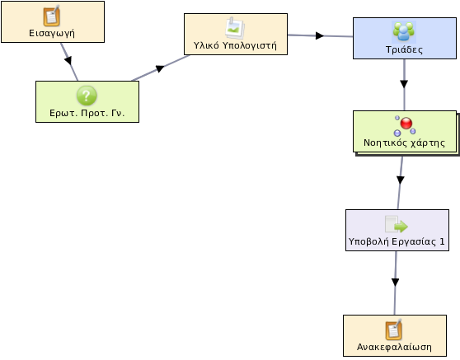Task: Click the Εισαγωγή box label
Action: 52,34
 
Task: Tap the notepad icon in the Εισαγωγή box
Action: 52,16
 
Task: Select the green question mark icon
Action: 87,96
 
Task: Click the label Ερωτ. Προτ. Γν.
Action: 87,113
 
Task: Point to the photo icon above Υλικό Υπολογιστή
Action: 235,28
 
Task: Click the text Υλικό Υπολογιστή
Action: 235,46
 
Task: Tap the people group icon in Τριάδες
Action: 404,31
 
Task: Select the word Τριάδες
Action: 404,49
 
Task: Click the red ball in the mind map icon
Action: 406,124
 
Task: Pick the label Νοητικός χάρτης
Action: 404,143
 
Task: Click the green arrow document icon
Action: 397,225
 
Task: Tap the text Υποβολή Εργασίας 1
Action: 397,241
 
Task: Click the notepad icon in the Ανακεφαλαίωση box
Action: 394,330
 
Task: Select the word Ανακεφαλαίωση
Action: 394,347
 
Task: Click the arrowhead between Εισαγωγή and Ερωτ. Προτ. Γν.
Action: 68,60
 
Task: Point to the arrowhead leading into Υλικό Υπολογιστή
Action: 160,68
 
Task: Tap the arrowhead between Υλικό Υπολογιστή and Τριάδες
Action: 320,35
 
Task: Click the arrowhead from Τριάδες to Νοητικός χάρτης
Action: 404,84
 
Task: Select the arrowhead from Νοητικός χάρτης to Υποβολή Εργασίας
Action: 401,180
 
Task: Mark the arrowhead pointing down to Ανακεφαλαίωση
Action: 395,282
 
